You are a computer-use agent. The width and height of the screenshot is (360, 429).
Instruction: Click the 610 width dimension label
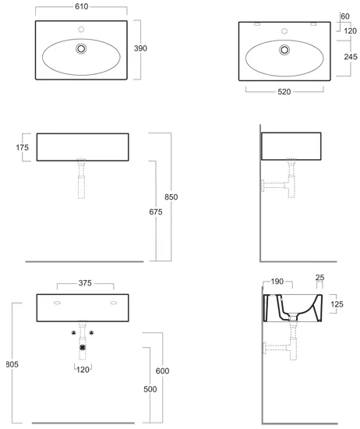tap(82, 6)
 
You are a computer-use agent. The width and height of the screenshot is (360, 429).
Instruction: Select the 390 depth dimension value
tap(140, 48)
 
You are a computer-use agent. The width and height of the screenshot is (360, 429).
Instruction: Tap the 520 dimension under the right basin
tap(284, 92)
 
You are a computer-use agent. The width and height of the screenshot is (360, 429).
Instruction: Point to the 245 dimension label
tap(351, 57)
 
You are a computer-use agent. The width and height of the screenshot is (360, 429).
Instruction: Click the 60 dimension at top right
tap(345, 16)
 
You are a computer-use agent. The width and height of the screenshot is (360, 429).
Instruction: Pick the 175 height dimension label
tap(22, 147)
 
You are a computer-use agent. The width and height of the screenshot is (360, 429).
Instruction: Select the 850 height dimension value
tap(171, 197)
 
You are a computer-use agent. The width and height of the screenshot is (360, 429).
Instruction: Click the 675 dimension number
tap(156, 211)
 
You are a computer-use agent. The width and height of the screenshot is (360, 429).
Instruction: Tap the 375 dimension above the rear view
tap(85, 283)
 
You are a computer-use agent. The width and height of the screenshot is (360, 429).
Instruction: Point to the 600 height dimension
tap(162, 371)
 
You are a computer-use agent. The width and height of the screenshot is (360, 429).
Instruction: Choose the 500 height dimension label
tap(150, 389)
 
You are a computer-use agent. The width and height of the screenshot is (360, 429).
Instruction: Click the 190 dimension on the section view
tap(277, 282)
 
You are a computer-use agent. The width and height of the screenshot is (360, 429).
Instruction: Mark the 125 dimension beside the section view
tap(337, 304)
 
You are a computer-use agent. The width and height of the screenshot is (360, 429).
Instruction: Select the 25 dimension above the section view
tap(319, 278)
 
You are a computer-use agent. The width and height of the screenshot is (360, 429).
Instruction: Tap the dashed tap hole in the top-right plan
tap(284, 31)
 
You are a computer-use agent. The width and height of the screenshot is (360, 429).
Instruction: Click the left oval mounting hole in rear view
tap(57, 303)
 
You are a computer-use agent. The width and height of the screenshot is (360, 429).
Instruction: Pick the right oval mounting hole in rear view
tap(114, 303)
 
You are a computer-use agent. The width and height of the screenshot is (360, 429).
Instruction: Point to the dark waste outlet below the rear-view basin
tap(83, 347)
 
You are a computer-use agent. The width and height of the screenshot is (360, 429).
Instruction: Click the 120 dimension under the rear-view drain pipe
tap(83, 370)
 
